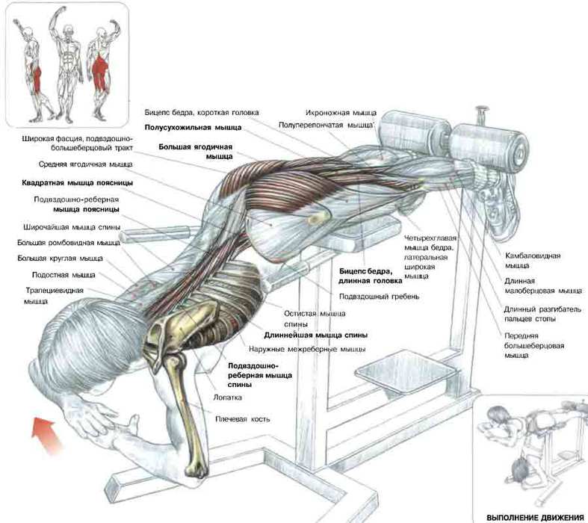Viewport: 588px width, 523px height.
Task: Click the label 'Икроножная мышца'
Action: [341, 113]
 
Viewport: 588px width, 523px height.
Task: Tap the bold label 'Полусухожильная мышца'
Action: [193, 128]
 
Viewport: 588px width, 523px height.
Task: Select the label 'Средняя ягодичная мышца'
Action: [85, 164]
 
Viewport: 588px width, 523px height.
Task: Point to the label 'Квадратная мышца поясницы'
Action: [77, 183]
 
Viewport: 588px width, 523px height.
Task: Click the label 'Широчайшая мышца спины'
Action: [72, 227]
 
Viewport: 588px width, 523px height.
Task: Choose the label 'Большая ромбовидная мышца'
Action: [69, 243]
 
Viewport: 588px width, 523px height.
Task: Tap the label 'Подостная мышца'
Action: [64, 275]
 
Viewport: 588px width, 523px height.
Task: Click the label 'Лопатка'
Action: [227, 397]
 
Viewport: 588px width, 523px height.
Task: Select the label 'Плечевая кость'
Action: [242, 419]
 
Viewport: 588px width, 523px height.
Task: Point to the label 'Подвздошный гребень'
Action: [379, 297]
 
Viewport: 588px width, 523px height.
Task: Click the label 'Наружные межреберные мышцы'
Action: [307, 349]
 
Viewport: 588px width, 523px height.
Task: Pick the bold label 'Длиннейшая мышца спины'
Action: [316, 335]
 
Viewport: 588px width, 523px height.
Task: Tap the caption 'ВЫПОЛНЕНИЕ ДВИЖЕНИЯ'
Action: [535, 517]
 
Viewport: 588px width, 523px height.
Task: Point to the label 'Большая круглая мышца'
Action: [60, 259]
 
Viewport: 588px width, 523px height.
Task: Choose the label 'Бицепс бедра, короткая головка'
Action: [202, 113]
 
